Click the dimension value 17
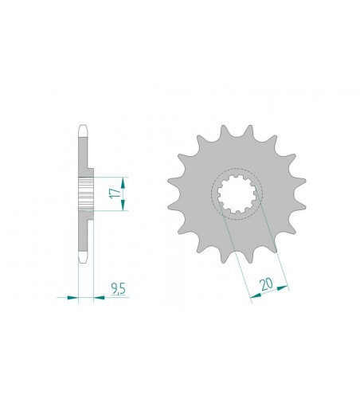(x=116, y=193)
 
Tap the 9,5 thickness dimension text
(x=119, y=288)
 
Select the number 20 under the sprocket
(x=267, y=284)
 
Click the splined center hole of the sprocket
(x=237, y=194)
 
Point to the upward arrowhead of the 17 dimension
(x=123, y=182)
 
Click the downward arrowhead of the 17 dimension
(x=123, y=205)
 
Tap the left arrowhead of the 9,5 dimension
(x=73, y=298)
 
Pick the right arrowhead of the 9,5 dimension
(x=99, y=298)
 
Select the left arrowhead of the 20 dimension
(x=256, y=295)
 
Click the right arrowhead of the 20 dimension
(x=283, y=287)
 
